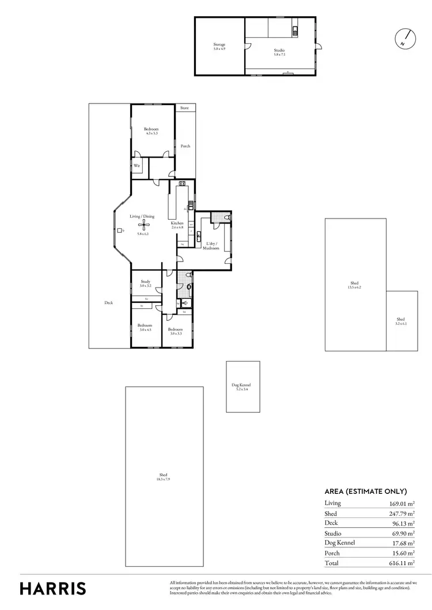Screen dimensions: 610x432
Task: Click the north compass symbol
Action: [405, 38]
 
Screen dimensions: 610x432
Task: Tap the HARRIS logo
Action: [53, 588]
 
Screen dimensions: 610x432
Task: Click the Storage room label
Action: [219, 46]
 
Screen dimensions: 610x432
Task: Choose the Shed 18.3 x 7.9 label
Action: [164, 477]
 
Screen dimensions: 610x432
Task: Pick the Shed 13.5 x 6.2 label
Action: [354, 285]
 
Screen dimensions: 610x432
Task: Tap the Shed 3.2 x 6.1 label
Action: [400, 321]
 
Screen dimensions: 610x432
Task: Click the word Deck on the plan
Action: [108, 303]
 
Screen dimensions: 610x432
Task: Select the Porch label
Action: [185, 146]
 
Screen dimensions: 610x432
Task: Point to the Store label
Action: [184, 108]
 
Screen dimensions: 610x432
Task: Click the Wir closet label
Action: [137, 166]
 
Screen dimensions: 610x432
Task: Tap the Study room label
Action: [145, 283]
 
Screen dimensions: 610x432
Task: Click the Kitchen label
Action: [177, 225]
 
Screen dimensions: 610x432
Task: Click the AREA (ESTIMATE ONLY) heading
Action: [366, 491]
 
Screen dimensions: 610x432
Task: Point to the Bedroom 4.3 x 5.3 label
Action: [151, 131]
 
